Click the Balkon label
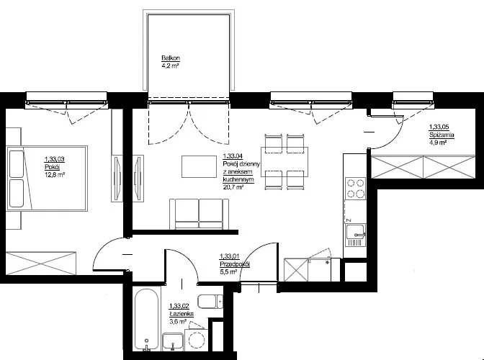[x=171, y=58]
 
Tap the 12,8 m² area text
[x=55, y=175]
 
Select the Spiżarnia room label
[x=442, y=135]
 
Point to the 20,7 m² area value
[x=233, y=186]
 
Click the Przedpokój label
[x=235, y=264]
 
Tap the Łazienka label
[x=181, y=314]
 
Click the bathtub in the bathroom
[x=147, y=320]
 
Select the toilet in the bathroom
[x=210, y=302]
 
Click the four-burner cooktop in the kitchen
[x=356, y=188]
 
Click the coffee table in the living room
[x=199, y=166]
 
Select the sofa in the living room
[x=199, y=214]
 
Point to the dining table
[x=284, y=162]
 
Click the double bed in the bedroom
[x=47, y=179]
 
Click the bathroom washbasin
[x=173, y=342]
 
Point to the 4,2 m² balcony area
[x=171, y=66]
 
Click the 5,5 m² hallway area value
[x=228, y=271]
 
